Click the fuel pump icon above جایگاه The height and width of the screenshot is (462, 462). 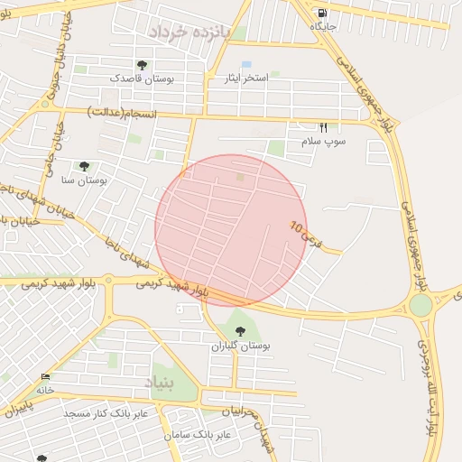[322, 14]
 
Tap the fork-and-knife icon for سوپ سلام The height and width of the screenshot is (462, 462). [323, 127]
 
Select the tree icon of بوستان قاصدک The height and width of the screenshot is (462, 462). [142, 65]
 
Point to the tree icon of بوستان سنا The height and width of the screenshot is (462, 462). [84, 166]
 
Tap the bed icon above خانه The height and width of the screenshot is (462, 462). [46, 376]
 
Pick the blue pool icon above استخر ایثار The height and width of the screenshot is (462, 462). [246, 64]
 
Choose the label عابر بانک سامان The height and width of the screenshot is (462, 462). [199, 435]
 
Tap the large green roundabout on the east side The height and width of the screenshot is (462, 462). [420, 304]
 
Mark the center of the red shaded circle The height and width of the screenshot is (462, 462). [231, 230]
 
